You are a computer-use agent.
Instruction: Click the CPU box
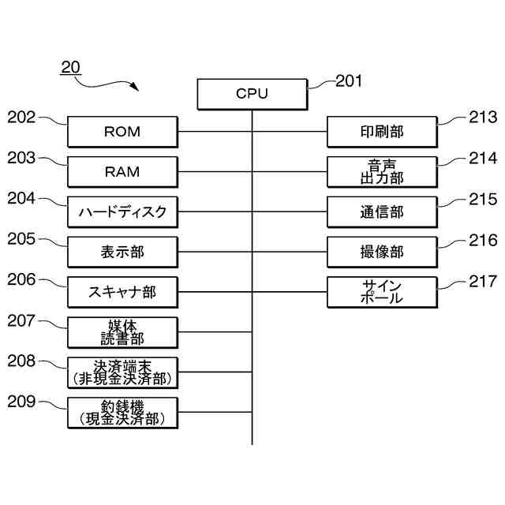(x=252, y=94)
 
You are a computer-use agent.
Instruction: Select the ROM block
(x=122, y=132)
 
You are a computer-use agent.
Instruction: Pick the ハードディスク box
(x=122, y=212)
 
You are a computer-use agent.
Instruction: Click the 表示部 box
(x=122, y=252)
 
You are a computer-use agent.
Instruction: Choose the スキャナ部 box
(x=122, y=293)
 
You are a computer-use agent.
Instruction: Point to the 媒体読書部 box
(x=122, y=333)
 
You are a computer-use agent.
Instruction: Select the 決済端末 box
(x=122, y=372)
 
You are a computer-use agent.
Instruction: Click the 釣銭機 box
(x=122, y=413)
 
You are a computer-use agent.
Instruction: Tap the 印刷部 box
(x=382, y=132)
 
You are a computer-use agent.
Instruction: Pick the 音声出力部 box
(x=382, y=172)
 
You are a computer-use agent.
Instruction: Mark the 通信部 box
(x=382, y=212)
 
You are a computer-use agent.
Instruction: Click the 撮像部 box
(x=382, y=252)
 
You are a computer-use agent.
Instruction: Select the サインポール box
(x=382, y=293)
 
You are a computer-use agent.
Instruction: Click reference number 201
(x=350, y=80)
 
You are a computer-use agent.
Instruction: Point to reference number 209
(x=21, y=402)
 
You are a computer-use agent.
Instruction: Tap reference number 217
(x=482, y=281)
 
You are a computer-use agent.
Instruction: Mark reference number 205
(x=21, y=239)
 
